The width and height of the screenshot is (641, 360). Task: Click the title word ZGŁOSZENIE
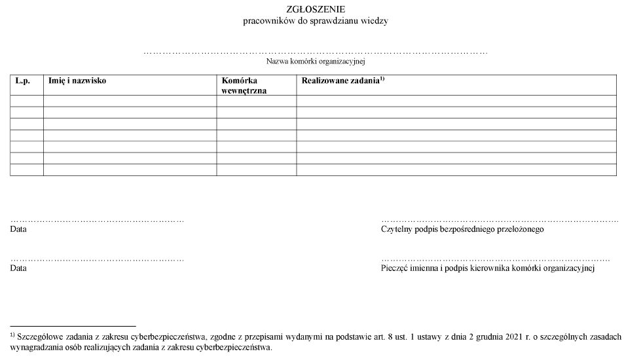point(316,9)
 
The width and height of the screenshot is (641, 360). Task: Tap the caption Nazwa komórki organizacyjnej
point(315,62)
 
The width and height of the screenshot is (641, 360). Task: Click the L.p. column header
point(23,81)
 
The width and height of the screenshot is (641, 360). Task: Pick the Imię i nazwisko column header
point(77,81)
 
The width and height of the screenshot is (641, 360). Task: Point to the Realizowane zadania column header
point(340,81)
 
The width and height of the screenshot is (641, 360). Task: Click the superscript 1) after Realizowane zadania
point(382,79)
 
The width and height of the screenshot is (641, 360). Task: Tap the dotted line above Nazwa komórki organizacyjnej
point(315,52)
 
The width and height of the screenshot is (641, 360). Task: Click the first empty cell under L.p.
point(27,101)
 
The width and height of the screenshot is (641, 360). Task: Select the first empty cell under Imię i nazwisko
point(130,101)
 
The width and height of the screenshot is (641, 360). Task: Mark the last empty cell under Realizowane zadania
point(456,170)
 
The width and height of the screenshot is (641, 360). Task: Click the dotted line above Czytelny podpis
point(499,221)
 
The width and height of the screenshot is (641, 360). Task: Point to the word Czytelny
point(395,230)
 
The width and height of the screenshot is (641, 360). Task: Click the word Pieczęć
point(395,268)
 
